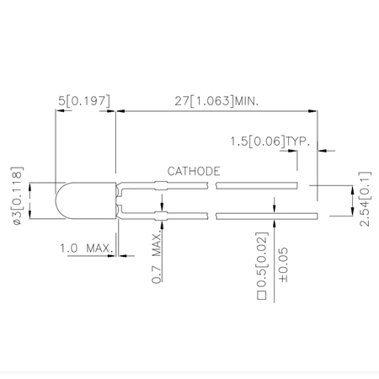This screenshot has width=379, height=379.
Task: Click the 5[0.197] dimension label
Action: click(x=84, y=100)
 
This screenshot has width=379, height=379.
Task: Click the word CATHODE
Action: click(x=194, y=171)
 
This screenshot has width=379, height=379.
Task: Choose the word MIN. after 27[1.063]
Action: click(x=243, y=100)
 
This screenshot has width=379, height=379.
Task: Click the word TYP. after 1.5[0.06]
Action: click(x=296, y=140)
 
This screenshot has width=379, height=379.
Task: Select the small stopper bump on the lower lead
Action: click(x=160, y=217)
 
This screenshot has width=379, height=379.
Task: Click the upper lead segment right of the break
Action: click(x=257, y=184)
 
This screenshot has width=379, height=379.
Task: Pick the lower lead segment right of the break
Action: click(x=257, y=217)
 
